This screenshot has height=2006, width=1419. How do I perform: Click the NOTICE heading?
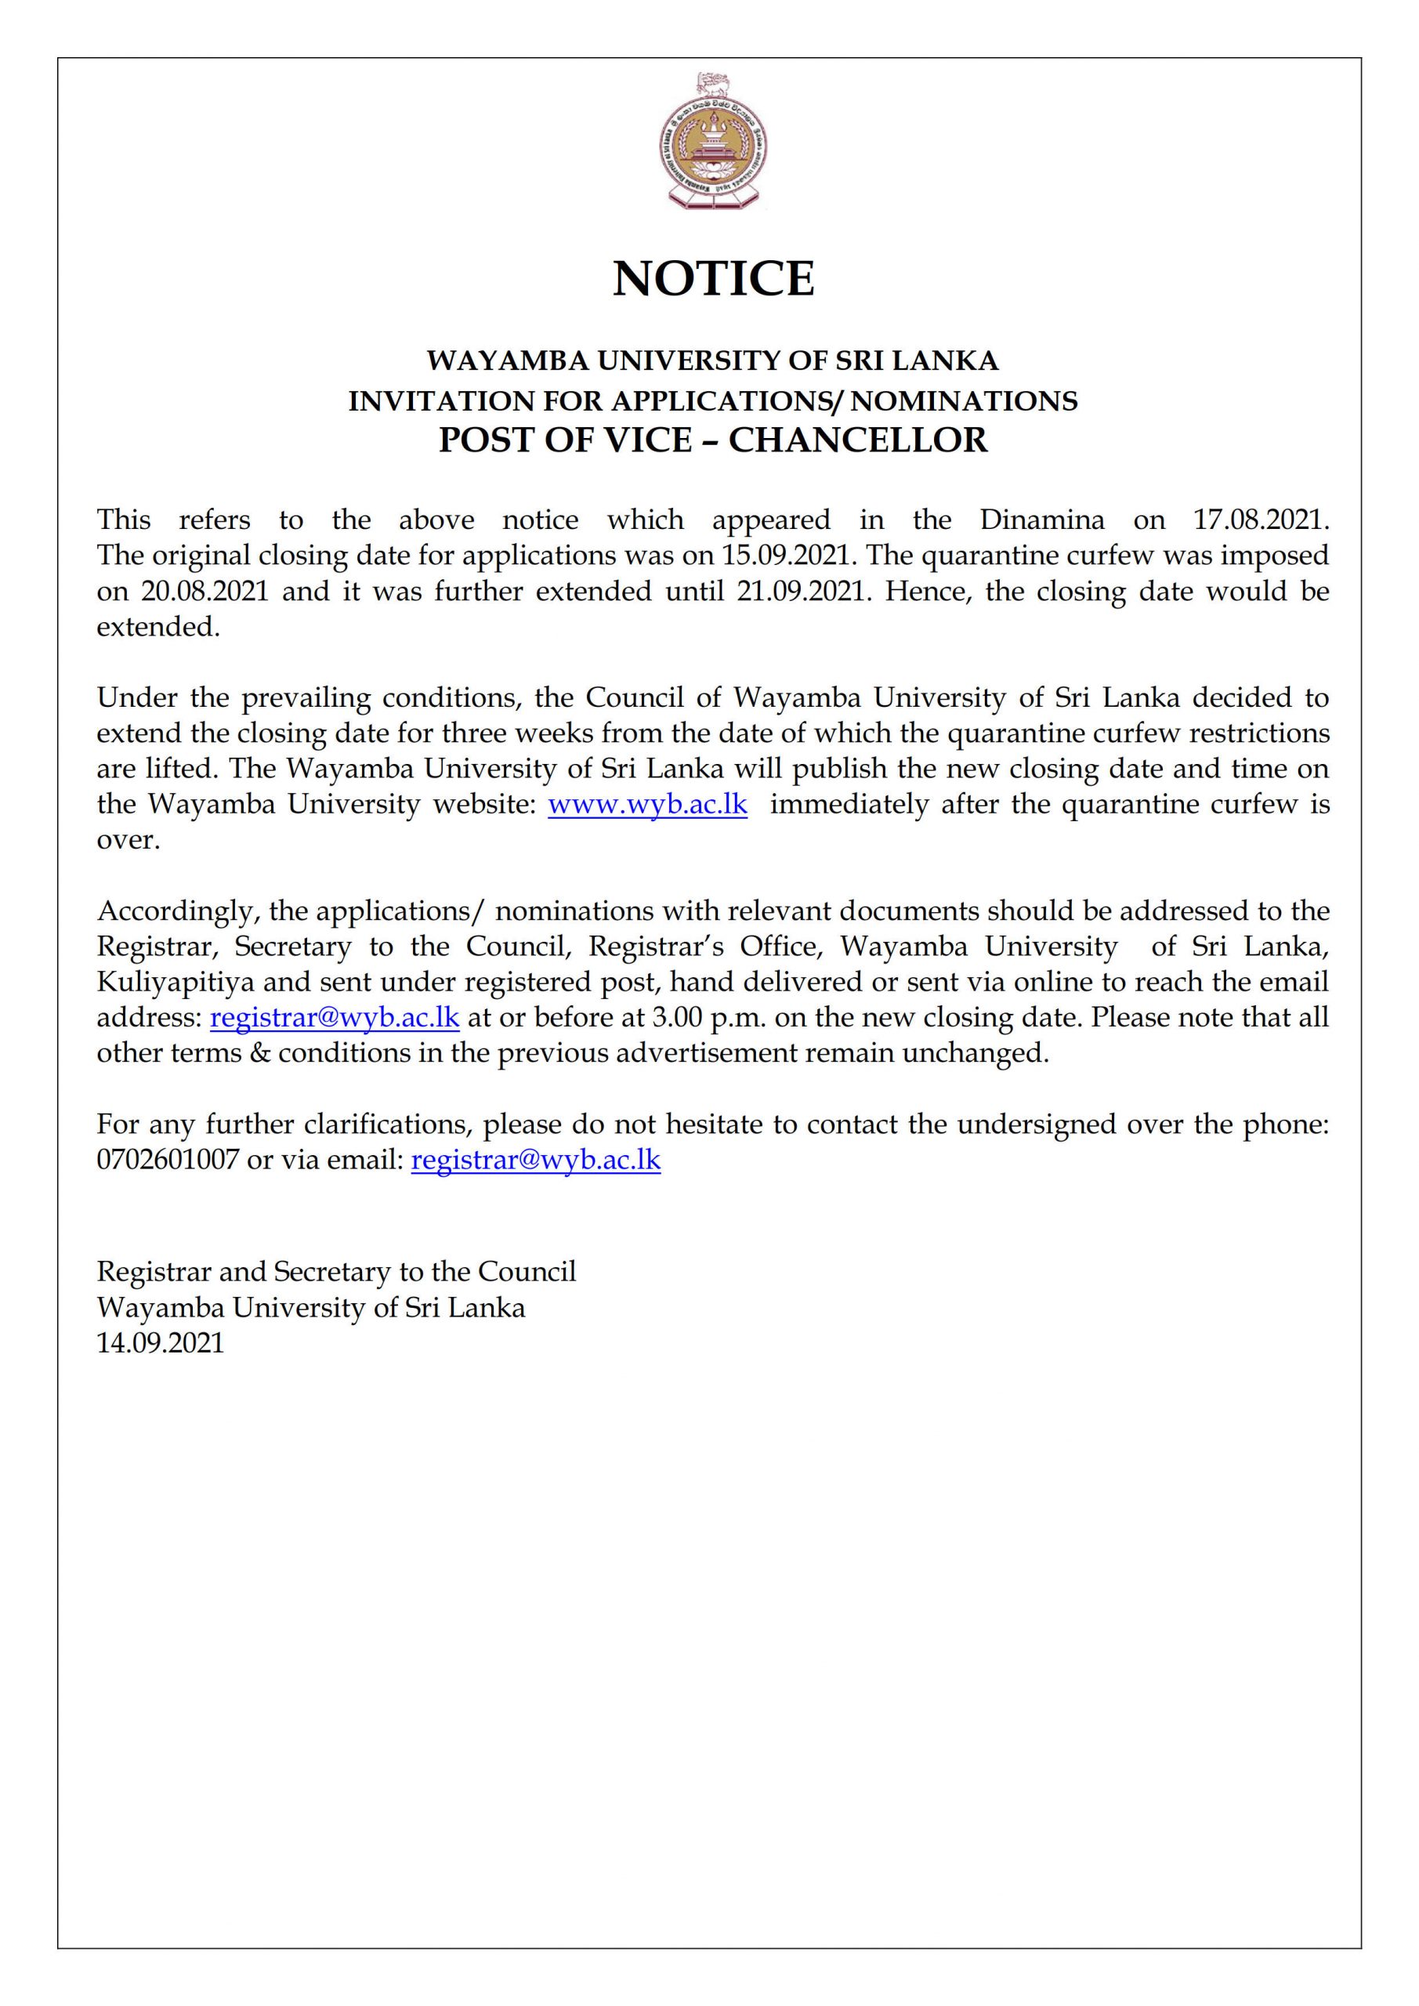tap(713, 279)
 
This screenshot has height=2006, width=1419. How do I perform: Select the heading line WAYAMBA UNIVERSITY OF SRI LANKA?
tap(712, 360)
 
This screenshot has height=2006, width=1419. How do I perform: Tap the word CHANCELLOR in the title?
tap(858, 440)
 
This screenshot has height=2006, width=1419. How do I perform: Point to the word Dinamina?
tap(1041, 520)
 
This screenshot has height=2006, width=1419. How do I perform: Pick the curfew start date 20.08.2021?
tap(205, 592)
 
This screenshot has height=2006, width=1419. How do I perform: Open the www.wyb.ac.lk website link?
tap(647, 804)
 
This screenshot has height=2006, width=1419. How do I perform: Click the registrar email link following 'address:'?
tap(335, 1018)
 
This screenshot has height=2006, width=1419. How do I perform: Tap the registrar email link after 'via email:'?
tap(536, 1161)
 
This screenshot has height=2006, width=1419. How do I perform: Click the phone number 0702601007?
tap(168, 1161)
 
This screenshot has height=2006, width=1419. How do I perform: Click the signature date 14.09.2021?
tap(161, 1343)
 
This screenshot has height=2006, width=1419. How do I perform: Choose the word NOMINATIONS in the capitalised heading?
tap(965, 401)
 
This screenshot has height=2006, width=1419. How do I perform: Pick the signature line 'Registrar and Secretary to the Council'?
tap(336, 1271)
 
